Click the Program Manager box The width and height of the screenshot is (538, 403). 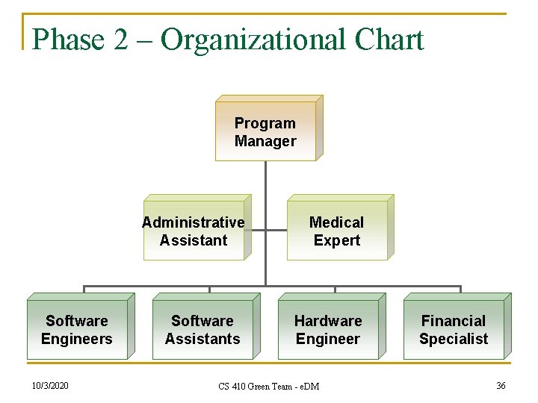265,131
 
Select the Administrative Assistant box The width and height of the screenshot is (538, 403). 194,231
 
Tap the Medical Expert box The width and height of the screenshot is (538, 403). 337,231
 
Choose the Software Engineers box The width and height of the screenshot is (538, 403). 77,330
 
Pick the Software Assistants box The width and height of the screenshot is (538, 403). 202,330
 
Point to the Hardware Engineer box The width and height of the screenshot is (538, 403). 328,330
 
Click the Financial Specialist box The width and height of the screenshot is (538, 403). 454,330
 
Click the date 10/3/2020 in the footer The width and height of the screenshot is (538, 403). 51,386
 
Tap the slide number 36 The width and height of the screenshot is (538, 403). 501,385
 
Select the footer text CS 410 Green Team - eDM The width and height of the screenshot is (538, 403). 268,387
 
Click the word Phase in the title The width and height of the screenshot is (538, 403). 69,40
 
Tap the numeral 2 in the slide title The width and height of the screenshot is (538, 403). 122,40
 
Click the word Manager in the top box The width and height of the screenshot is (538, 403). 265,141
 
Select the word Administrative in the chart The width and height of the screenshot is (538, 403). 194,222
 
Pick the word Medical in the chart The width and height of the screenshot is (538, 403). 337,222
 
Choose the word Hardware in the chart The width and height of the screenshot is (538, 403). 328,321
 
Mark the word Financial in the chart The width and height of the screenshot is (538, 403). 454,321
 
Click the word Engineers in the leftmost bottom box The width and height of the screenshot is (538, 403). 77,339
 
